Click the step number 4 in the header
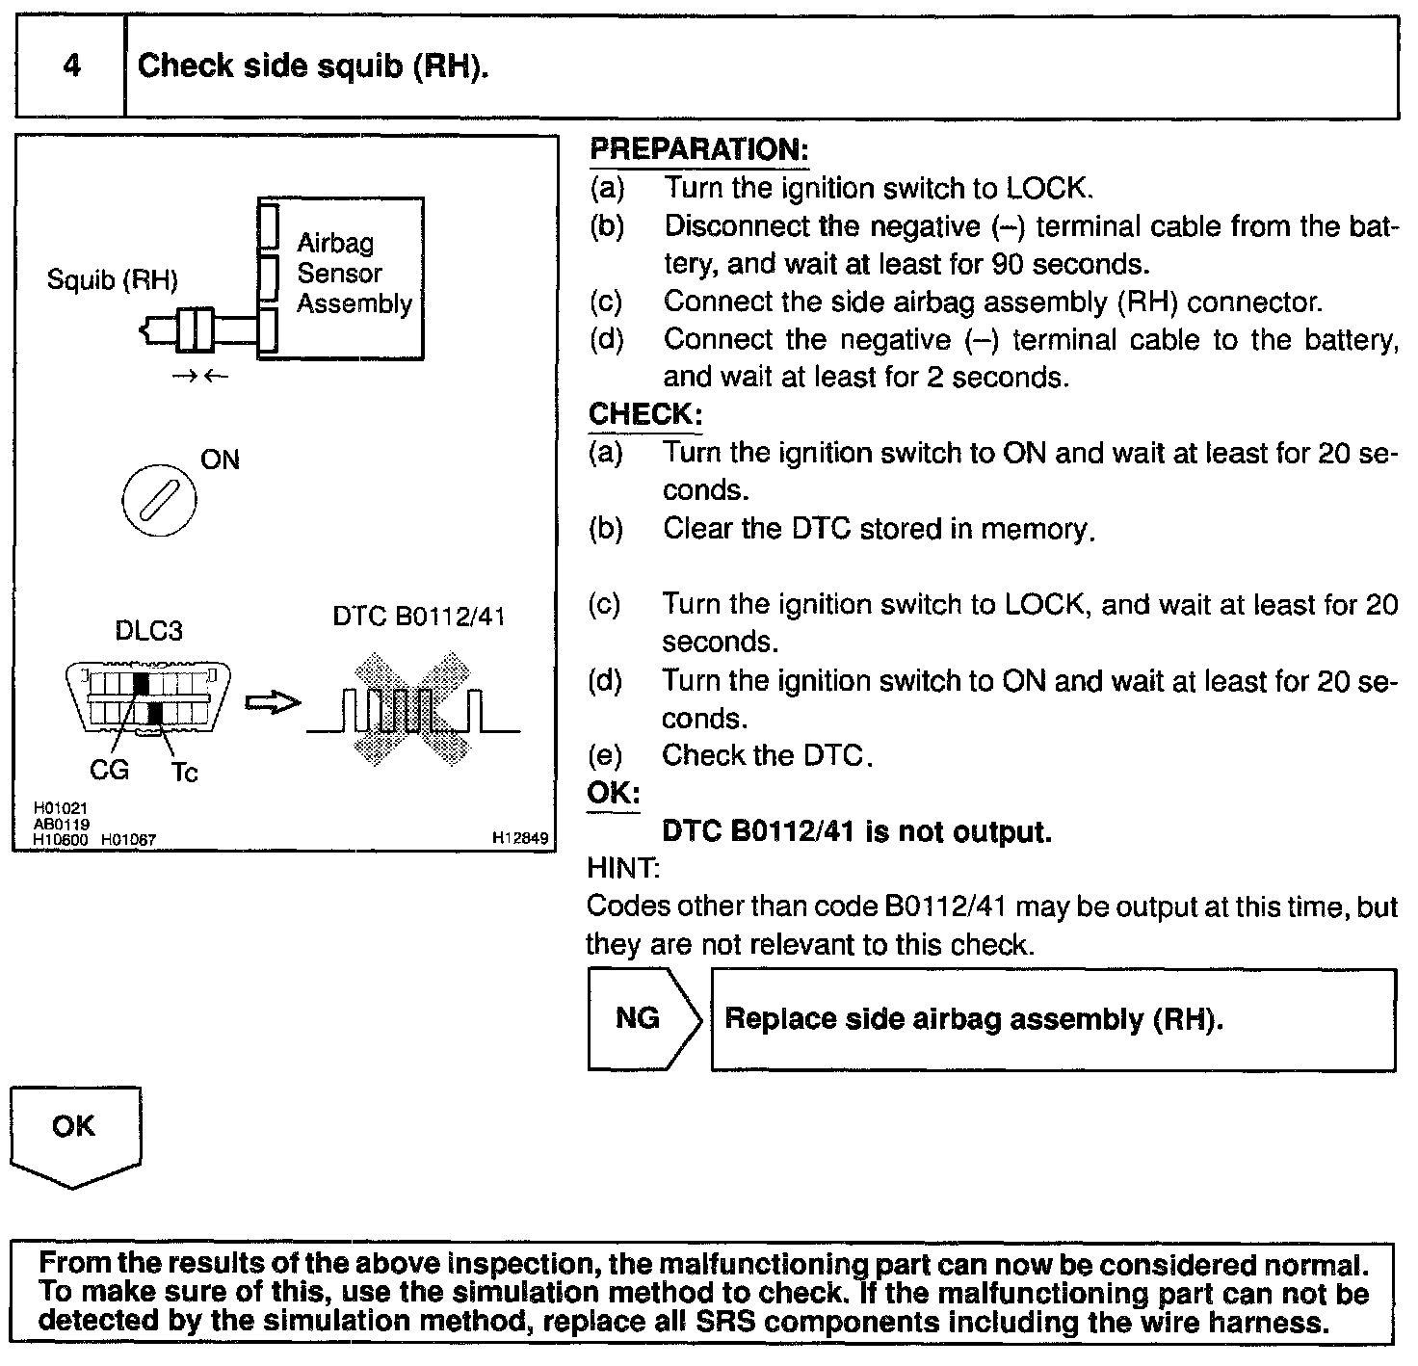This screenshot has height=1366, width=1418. coord(71,66)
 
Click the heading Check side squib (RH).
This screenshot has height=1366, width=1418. coord(313,66)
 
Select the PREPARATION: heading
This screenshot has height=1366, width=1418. coord(698,149)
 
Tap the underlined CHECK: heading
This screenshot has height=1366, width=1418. coord(644,414)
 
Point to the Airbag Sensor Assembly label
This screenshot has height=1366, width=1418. coord(353,273)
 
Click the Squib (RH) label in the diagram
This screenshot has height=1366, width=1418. coord(113,280)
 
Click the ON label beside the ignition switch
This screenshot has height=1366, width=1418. coord(220,460)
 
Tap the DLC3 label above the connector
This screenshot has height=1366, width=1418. coord(148,631)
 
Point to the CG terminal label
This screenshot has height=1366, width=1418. coord(108,771)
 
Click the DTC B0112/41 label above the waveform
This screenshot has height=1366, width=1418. coord(419,617)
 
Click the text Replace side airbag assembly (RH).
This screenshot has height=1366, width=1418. coord(973,1019)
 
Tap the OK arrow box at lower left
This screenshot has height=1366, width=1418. coord(75,1134)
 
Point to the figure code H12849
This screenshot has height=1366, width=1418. coord(520,839)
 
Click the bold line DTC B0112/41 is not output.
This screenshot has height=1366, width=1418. coord(856,831)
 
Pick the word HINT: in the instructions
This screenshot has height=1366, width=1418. coord(622,868)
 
